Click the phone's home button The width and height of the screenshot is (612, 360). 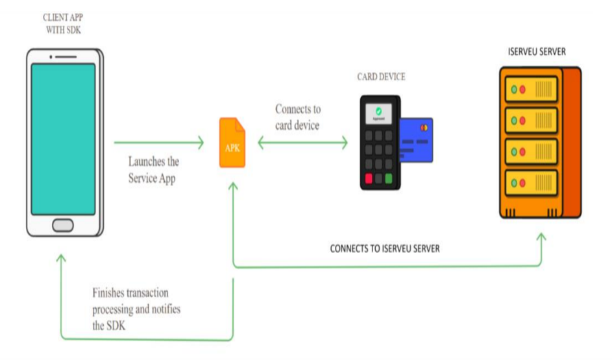pos(63,224)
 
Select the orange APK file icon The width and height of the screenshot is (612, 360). pos(232,143)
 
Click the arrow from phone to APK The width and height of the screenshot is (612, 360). pos(159,142)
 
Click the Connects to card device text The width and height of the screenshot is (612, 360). pos(298,117)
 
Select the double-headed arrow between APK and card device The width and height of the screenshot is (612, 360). pos(302,142)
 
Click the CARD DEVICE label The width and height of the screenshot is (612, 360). pos(381,77)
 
